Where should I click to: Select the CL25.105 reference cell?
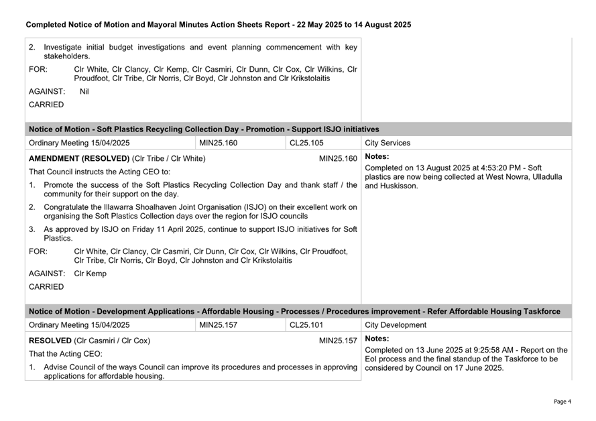coord(306,143)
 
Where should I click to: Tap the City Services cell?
coord(388,143)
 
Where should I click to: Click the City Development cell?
coord(396,325)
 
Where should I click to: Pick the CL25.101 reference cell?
coord(306,325)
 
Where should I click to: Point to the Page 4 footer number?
coord(562,402)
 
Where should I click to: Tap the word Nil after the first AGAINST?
coord(84,91)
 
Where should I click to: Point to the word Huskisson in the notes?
coord(400,186)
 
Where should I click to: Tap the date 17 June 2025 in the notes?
coord(479,368)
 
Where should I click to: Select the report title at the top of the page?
coord(218,25)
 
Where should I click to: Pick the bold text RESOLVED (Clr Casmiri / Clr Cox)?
coord(89,341)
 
